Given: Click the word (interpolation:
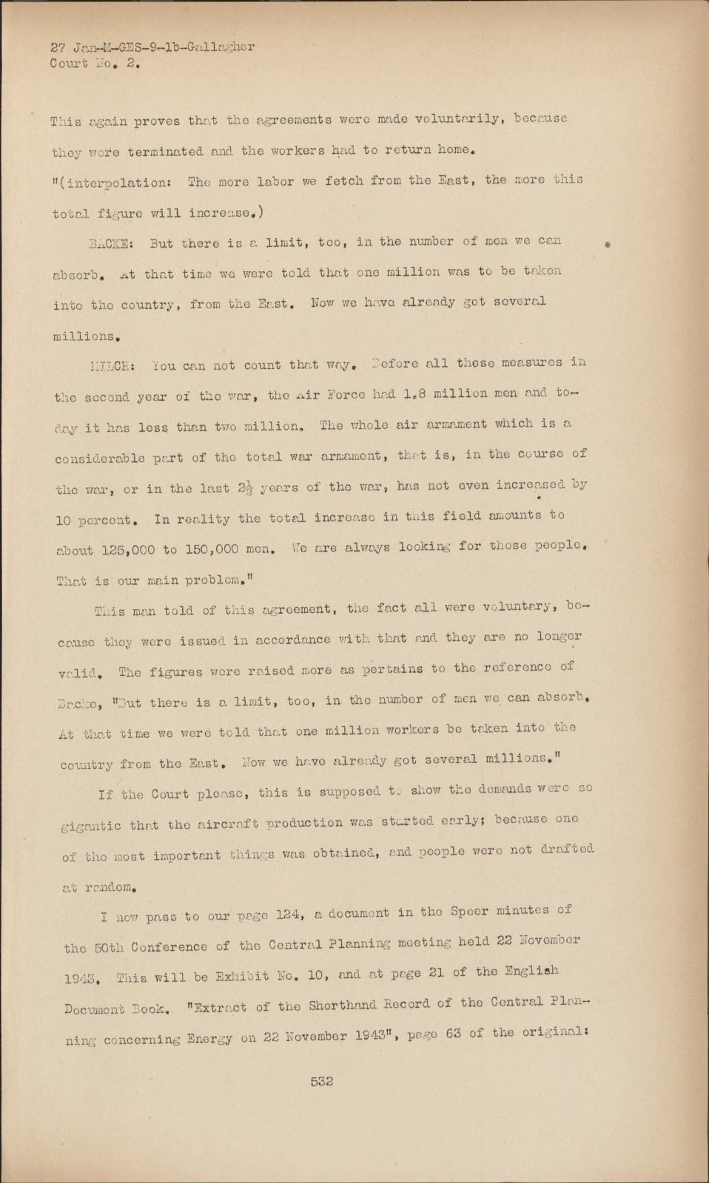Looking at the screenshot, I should (x=120, y=183).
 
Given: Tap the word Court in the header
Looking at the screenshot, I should (x=68, y=63).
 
